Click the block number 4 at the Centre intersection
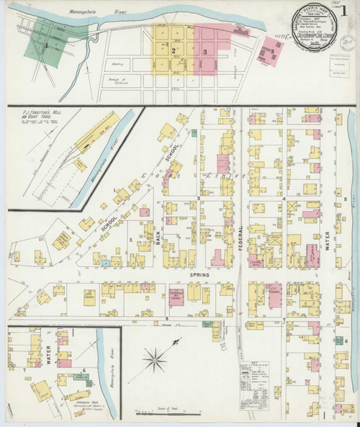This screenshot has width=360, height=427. (x=284, y=198)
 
